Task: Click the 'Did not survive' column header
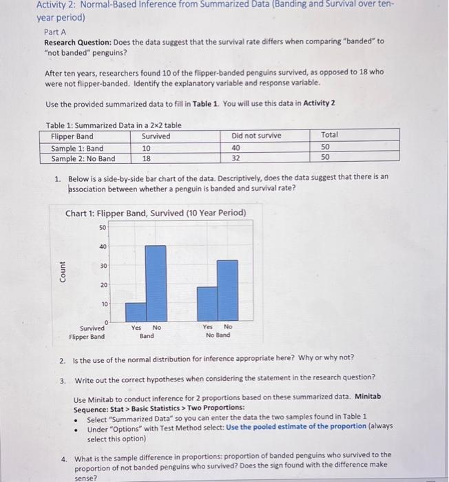pyautogui.click(x=256, y=136)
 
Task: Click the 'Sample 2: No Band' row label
pyautogui.click(x=83, y=158)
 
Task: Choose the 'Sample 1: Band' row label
pyautogui.click(x=77, y=147)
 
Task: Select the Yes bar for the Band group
pyautogui.click(x=136, y=312)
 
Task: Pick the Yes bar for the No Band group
pyautogui.click(x=208, y=304)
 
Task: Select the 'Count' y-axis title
pyautogui.click(x=63, y=271)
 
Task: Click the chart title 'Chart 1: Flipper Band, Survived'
pyautogui.click(x=155, y=213)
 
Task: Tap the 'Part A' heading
pyautogui.click(x=55, y=32)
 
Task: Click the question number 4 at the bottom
pyautogui.click(x=63, y=455)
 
